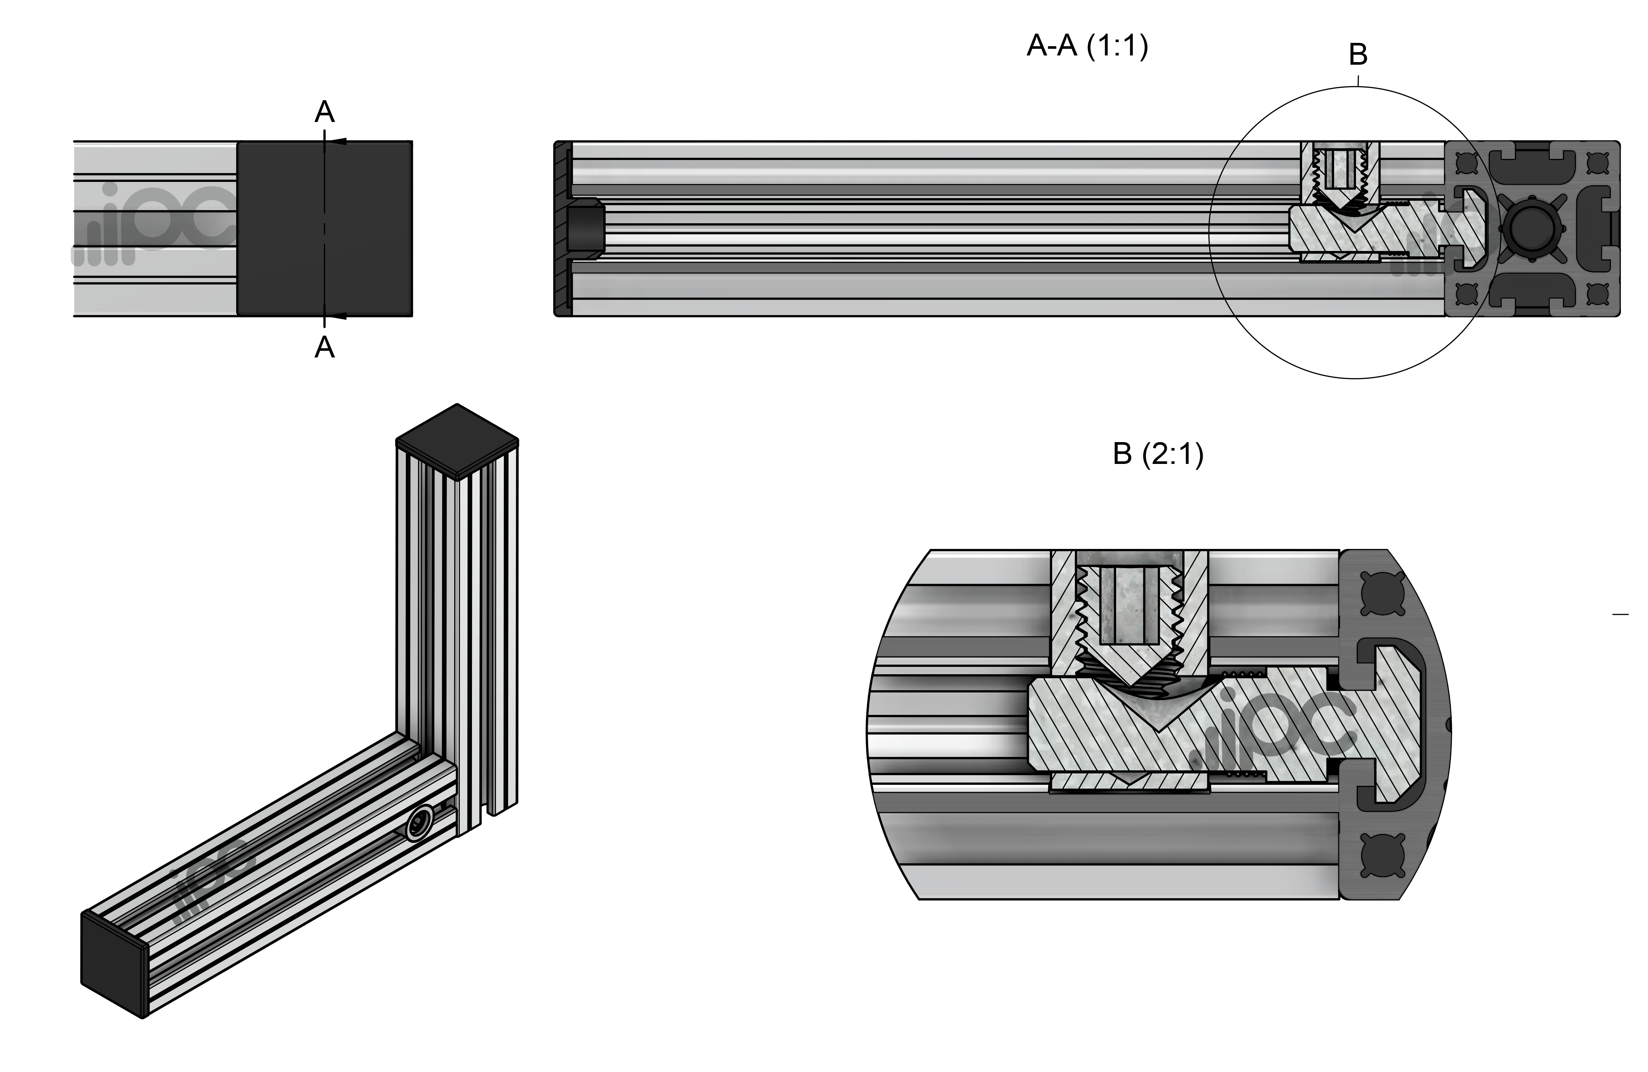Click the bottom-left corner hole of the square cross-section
pyautogui.click(x=1467, y=294)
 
